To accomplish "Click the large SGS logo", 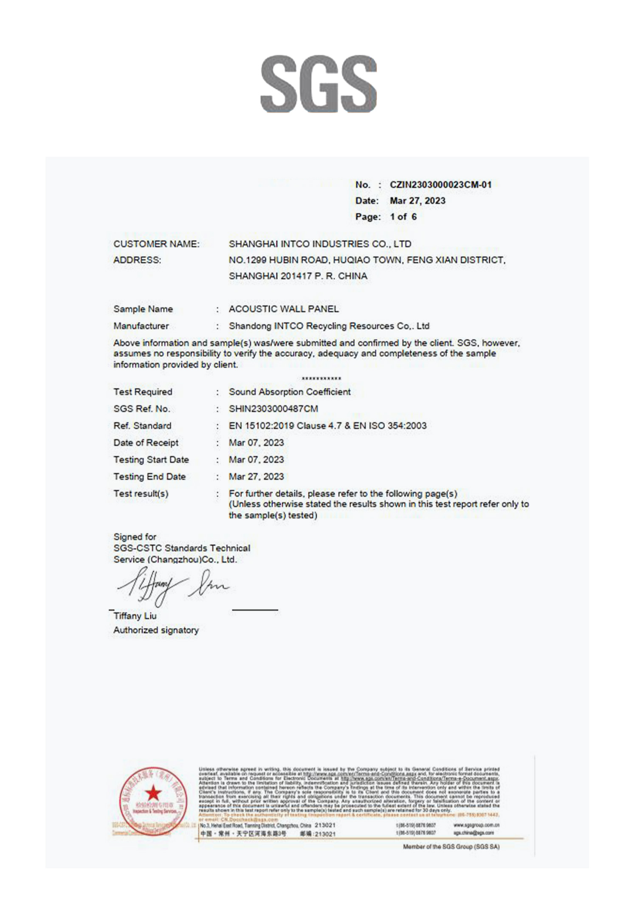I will coord(318,84).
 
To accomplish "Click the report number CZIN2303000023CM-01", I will coord(440,185).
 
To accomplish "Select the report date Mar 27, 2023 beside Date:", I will coord(417,201).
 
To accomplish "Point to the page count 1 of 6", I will coord(403,217).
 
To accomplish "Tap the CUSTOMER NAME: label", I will coord(156,244).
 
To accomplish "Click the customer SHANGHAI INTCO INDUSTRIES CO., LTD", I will coord(320,244).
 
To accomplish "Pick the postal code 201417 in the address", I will coord(296,276).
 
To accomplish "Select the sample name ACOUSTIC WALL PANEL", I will coord(284,309).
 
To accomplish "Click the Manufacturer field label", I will coord(141,326).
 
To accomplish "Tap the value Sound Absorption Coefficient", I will coord(290,392).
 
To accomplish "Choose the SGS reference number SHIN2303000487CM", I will coord(273,409).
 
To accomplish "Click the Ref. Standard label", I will coord(142,426).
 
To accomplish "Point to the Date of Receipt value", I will coord(256,443).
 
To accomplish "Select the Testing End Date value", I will coord(256,477).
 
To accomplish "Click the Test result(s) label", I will coord(141,494).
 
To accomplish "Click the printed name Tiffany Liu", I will coord(135,616).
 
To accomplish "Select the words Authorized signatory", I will coord(156,630).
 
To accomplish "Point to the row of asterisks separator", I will coord(321,378).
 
